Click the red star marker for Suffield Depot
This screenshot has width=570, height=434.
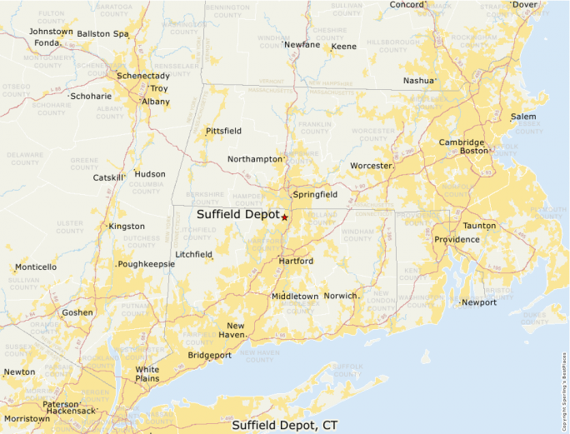pyautogui.click(x=284, y=217)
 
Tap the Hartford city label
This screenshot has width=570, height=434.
pyautogui.click(x=296, y=261)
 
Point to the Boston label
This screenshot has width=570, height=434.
pyautogui.click(x=473, y=151)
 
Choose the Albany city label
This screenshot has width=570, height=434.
pyautogui.click(x=155, y=102)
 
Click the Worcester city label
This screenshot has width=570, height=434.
pyautogui.click(x=370, y=166)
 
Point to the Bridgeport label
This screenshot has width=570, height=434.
pyautogui.click(x=209, y=355)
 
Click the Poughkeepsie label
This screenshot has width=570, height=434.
pyautogui.click(x=146, y=263)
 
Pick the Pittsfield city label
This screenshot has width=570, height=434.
pyautogui.click(x=223, y=131)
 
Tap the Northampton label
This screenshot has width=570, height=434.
pyautogui.click(x=255, y=159)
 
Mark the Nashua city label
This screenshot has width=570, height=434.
pyautogui.click(x=418, y=81)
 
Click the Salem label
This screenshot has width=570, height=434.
pyautogui.click(x=523, y=117)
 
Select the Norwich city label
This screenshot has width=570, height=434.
pyautogui.click(x=340, y=296)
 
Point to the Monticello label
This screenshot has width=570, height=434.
pyautogui.click(x=36, y=267)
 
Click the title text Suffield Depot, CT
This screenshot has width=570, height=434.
pyautogui.click(x=284, y=425)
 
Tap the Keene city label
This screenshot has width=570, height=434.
pyautogui.click(x=343, y=47)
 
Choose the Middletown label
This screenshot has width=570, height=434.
pyautogui.click(x=294, y=296)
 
